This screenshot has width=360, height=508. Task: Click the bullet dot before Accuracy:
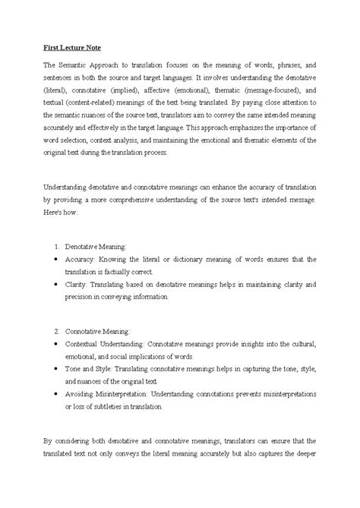(x=58, y=259)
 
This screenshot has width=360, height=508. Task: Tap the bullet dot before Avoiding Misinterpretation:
(x=58, y=393)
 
